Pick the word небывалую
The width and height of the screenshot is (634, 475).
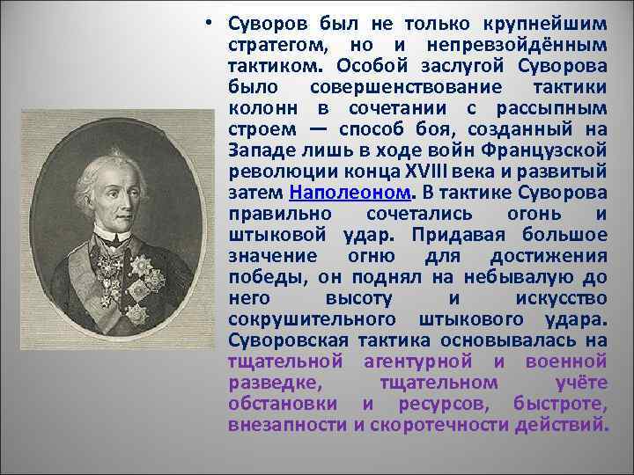click(x=520, y=277)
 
